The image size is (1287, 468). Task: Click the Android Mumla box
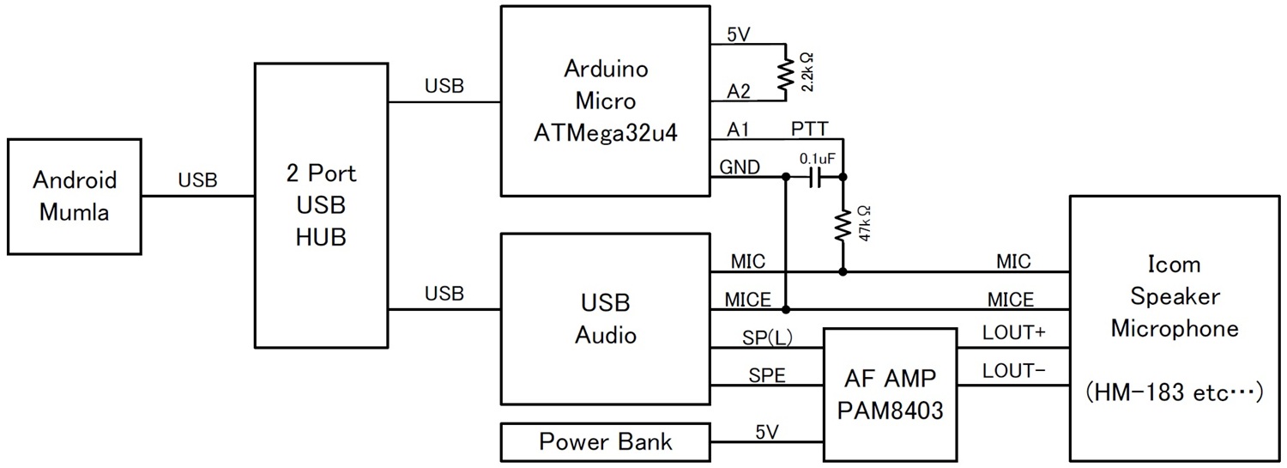pos(75,196)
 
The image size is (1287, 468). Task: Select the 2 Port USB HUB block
pos(322,204)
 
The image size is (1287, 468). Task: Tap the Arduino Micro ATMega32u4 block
pos(605,100)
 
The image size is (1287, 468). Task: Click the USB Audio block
pos(605,319)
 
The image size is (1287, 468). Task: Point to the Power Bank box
pos(605,442)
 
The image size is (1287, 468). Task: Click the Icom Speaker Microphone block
pos(1175,328)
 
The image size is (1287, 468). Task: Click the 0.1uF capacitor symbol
pos(815,177)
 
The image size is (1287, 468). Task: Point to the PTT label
pos(810,129)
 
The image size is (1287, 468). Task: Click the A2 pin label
pos(739,92)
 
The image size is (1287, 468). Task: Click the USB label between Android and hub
pos(197,180)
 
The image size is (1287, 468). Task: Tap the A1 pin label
pos(739,129)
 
